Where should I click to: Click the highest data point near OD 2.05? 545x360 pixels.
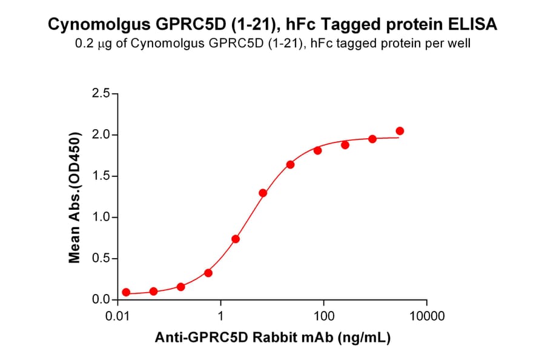pyautogui.click(x=400, y=131)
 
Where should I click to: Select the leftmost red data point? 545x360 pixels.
pyautogui.click(x=126, y=292)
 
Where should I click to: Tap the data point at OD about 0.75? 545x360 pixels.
pyautogui.click(x=236, y=239)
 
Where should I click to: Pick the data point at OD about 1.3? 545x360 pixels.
pyautogui.click(x=263, y=193)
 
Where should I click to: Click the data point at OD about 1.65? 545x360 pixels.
pyautogui.click(x=291, y=165)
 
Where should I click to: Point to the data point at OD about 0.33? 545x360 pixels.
pyautogui.click(x=208, y=273)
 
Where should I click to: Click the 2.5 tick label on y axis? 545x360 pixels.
pyautogui.click(x=102, y=94)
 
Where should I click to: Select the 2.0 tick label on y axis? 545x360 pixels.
pyautogui.click(x=102, y=135)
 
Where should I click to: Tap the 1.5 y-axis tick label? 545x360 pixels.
pyautogui.click(x=102, y=176)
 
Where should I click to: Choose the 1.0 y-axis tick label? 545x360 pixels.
pyautogui.click(x=102, y=218)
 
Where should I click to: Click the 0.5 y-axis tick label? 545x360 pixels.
pyautogui.click(x=102, y=259)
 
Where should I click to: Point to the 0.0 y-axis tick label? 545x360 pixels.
pyautogui.click(x=102, y=300)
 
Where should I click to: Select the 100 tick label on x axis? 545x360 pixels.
pyautogui.click(x=324, y=316)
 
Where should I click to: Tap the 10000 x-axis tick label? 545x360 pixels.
pyautogui.click(x=427, y=316)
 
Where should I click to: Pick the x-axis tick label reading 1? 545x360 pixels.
pyautogui.click(x=221, y=316)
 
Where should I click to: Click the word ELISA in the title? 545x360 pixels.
pyautogui.click(x=473, y=25)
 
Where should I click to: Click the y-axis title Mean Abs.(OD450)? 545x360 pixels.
pyautogui.click(x=75, y=197)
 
